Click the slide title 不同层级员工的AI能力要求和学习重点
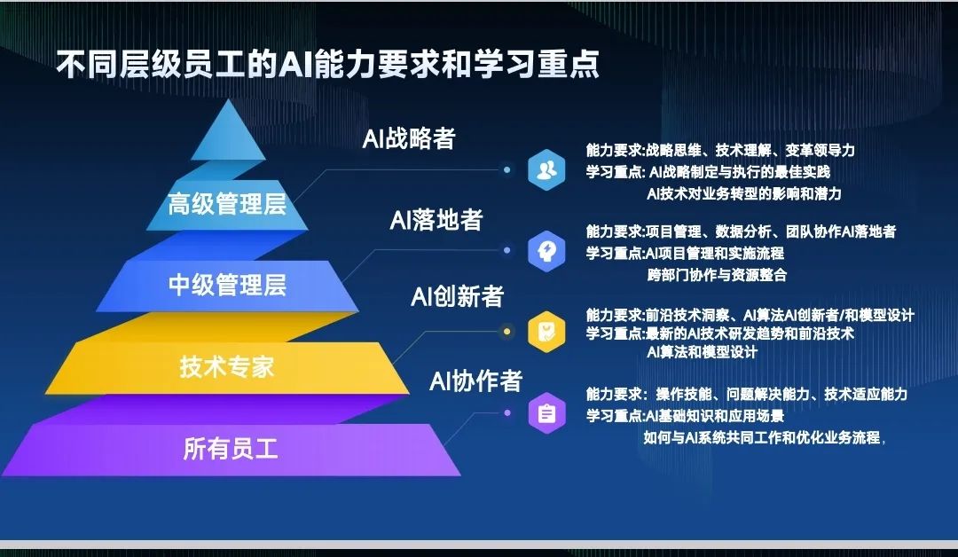(328, 66)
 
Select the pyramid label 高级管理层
(227, 205)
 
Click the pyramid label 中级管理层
(227, 286)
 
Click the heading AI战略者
(409, 139)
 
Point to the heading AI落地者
(436, 220)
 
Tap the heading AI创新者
(457, 297)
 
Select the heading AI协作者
(475, 381)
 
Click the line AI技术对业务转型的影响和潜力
(743, 192)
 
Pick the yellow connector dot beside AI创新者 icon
(506, 332)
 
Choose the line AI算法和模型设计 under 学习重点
(702, 352)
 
